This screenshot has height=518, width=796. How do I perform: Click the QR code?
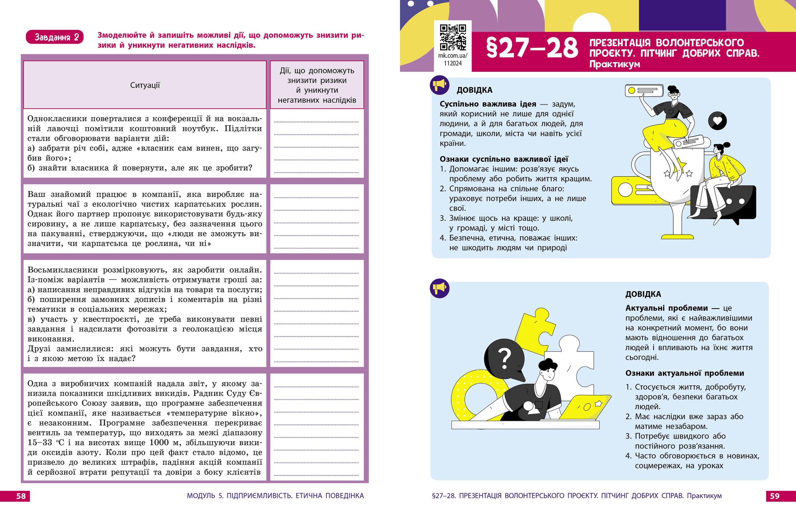(452, 37)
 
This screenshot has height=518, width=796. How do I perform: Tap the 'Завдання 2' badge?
(54, 37)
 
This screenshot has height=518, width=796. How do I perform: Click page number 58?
(21, 496)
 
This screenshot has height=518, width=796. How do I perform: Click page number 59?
(775, 496)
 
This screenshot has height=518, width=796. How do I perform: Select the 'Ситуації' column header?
(145, 85)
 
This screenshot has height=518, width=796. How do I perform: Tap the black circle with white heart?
(717, 121)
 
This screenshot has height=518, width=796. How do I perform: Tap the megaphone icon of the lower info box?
(439, 288)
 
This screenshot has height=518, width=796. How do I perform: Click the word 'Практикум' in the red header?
(614, 64)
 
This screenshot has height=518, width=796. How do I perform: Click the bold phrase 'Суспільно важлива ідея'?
(488, 104)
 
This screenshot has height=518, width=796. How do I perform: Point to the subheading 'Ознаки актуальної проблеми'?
(684, 373)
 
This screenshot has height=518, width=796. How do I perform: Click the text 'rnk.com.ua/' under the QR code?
(452, 56)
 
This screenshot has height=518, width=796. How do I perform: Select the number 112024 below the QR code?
(452, 63)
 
